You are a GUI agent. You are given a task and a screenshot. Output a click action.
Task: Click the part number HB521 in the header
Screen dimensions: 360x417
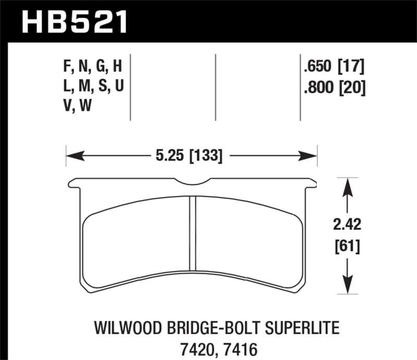point(73,21)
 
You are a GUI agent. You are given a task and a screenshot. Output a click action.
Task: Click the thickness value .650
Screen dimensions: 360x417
point(317,67)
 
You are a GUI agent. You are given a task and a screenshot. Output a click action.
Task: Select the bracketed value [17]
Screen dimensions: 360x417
point(350,67)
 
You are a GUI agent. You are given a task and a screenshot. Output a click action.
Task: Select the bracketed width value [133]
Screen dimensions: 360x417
point(204,155)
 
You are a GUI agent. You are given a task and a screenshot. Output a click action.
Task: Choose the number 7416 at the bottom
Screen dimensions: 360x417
point(228,347)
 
